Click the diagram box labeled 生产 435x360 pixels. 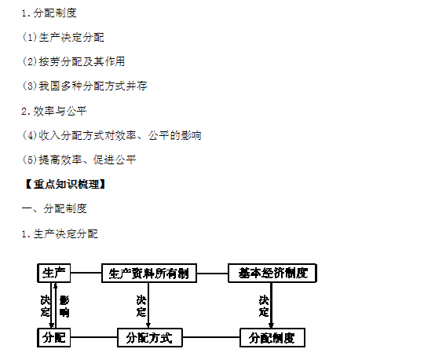pyautogui.click(x=54, y=273)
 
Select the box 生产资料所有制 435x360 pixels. pyautogui.click(x=149, y=274)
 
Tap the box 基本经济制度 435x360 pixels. pyautogui.click(x=272, y=273)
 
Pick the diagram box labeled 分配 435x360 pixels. pyautogui.click(x=54, y=337)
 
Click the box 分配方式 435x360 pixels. pyautogui.click(x=150, y=337)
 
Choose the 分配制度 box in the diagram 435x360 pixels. pyautogui.click(x=272, y=337)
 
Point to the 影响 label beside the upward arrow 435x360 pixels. pyautogui.click(x=64, y=307)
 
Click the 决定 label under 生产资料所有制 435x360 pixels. pyautogui.click(x=141, y=306)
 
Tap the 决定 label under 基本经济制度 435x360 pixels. pyautogui.click(x=264, y=306)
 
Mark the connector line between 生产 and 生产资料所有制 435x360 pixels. pyautogui.click(x=86, y=273)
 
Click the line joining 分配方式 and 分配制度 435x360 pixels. pyautogui.click(x=211, y=337)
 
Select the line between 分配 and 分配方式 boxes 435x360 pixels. pyautogui.click(x=93, y=337)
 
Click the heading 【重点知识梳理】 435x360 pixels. pyautogui.click(x=65, y=184)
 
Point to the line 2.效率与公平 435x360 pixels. pyautogui.click(x=54, y=111)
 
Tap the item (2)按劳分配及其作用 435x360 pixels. pyautogui.click(x=74, y=61)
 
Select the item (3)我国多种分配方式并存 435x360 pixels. pyautogui.click(x=85, y=86)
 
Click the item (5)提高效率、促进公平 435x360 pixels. pyautogui.click(x=79, y=160)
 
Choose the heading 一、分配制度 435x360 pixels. pyautogui.click(x=54, y=208)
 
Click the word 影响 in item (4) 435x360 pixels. pyautogui.click(x=191, y=135)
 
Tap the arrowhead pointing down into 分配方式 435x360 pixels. pyautogui.click(x=148, y=325)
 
